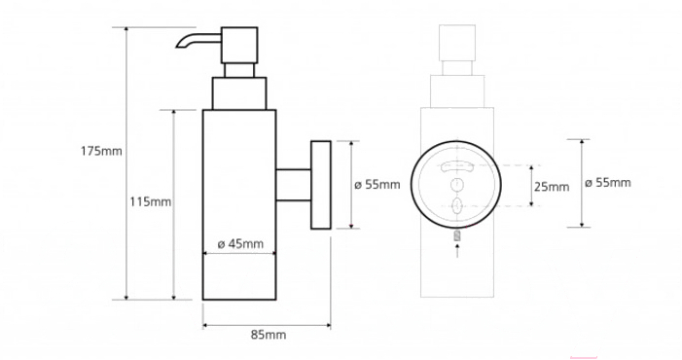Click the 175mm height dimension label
click(x=101, y=152)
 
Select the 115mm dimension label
click(x=151, y=201)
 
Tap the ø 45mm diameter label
click(x=240, y=244)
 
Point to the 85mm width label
click(x=269, y=335)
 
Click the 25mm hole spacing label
click(x=552, y=187)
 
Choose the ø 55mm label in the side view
click(x=377, y=185)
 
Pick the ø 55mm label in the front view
click(x=608, y=183)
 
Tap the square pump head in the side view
click(x=239, y=45)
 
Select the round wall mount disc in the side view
click(x=321, y=185)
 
